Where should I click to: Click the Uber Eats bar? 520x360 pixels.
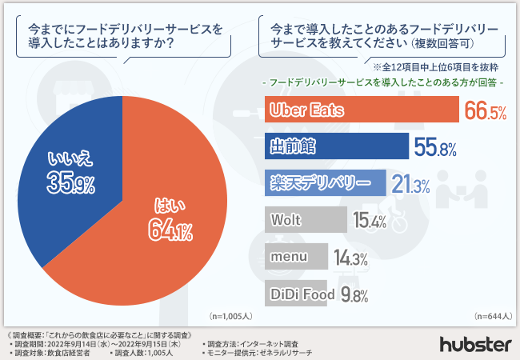pos(359,110)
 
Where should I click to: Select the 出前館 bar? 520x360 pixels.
pos(336,146)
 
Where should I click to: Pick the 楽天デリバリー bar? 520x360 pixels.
pos(325,182)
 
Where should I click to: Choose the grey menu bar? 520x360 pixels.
pos(295,257)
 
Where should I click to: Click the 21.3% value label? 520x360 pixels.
pos(412,184)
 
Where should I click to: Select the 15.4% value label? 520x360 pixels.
pos(370,221)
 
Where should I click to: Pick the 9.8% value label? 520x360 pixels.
pos(354,294)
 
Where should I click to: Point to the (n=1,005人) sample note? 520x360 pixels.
pos(229,315)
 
